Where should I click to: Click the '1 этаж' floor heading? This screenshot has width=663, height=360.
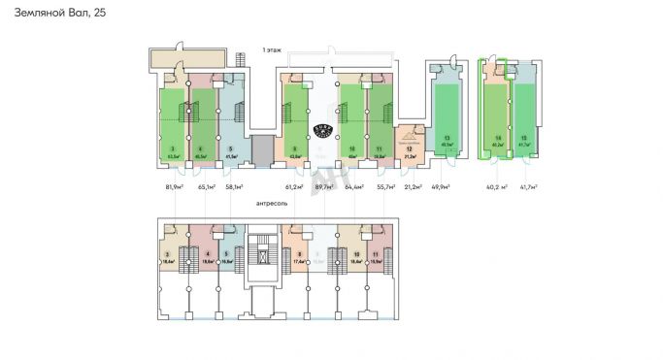[x=272, y=49]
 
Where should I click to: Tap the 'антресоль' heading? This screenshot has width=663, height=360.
[x=272, y=204]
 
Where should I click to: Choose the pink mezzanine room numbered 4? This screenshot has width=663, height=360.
[x=207, y=254]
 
